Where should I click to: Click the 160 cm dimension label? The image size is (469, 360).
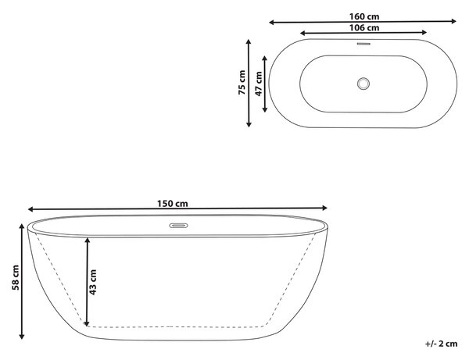click(364, 16)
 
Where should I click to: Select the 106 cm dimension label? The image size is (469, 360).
click(364, 28)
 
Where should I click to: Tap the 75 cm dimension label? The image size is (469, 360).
click(242, 83)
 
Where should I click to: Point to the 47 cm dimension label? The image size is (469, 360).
click(259, 84)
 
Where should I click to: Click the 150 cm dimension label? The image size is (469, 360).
click(173, 204)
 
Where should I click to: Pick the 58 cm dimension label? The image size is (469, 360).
click(16, 277)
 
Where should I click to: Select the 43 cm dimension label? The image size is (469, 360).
click(93, 282)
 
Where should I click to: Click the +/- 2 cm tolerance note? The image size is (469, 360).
click(441, 344)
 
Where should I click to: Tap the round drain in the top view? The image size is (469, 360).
click(363, 84)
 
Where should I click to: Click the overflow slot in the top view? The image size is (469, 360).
click(363, 44)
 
